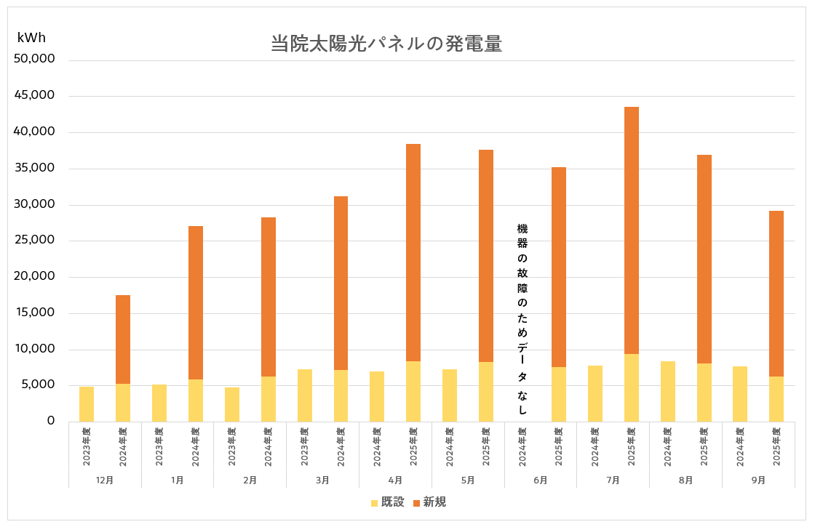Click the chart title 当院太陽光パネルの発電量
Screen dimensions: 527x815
coord(386,44)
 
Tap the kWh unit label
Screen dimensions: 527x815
coord(31,38)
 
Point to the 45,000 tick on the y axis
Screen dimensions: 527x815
coord(35,95)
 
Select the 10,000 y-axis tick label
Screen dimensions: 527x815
coord(35,349)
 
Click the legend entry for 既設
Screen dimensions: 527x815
coord(387,502)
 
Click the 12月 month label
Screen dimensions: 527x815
coord(104,480)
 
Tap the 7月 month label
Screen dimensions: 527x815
coord(613,480)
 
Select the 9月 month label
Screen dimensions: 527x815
coord(758,480)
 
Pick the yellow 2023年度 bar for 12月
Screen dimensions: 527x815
coord(87,404)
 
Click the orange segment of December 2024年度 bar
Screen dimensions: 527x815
coord(123,339)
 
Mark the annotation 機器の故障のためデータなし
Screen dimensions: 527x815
coord(522,320)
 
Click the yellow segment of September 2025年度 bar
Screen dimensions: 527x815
coord(776,399)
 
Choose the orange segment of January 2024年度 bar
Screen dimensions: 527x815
coord(196,302)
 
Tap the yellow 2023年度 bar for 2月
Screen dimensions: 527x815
coord(232,404)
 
